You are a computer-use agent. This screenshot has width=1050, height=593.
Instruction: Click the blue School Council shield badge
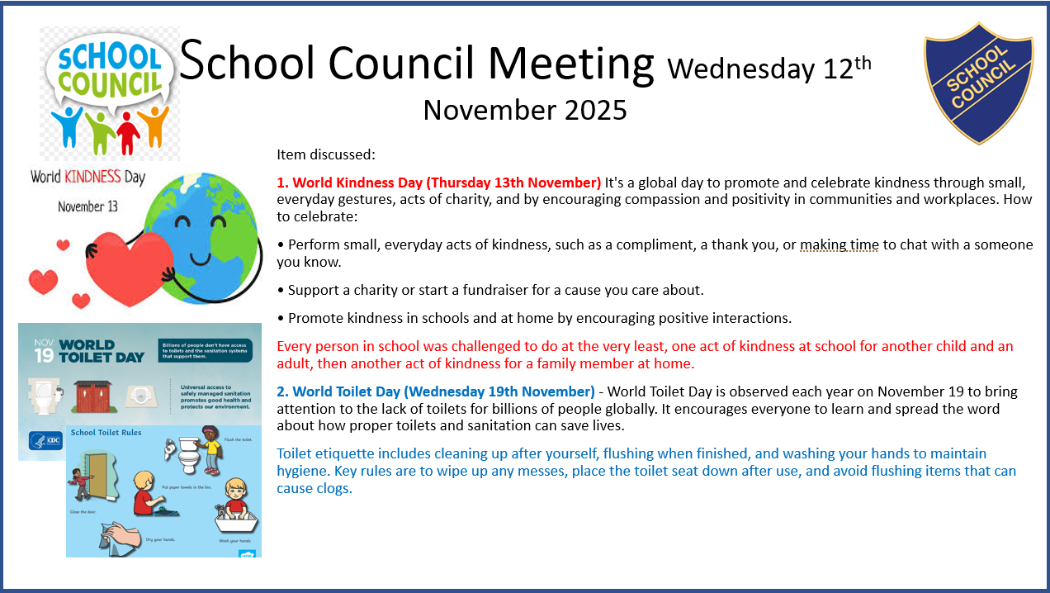pyautogui.click(x=978, y=83)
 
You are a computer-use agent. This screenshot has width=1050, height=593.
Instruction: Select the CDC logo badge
pyautogui.click(x=46, y=440)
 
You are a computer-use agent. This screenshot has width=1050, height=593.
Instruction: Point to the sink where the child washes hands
pyautogui.click(x=236, y=520)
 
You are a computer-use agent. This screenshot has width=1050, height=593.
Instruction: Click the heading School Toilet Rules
pyautogui.click(x=106, y=432)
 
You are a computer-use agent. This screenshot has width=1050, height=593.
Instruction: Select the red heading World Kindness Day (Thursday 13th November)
pyautogui.click(x=438, y=182)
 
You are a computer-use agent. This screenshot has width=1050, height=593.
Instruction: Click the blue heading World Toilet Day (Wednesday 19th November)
pyautogui.click(x=435, y=391)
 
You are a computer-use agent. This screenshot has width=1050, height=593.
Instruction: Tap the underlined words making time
pyautogui.click(x=839, y=244)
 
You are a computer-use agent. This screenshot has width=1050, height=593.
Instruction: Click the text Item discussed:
pyautogui.click(x=326, y=154)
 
